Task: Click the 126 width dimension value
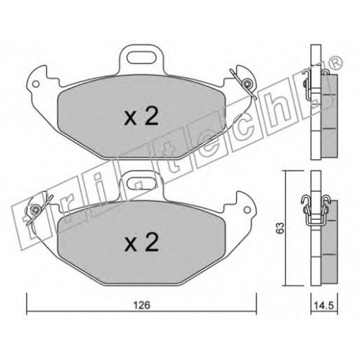(x=142, y=305)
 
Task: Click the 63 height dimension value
(x=280, y=228)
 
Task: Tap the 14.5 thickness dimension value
(x=324, y=305)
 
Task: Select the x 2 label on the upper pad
(x=141, y=116)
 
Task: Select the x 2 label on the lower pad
(x=141, y=242)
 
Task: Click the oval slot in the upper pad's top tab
(x=141, y=58)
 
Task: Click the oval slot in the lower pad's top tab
(x=141, y=183)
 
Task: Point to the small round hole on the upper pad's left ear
(x=36, y=84)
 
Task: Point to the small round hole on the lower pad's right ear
(x=247, y=210)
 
